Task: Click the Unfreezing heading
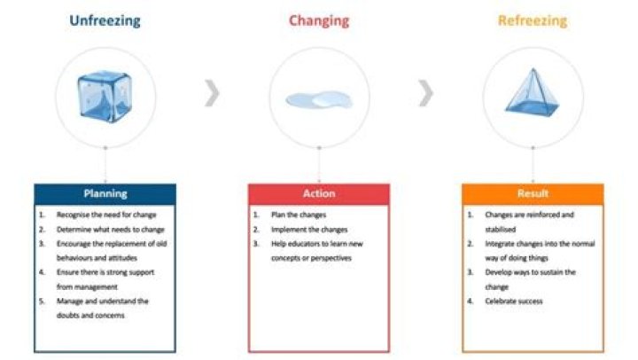[105, 20]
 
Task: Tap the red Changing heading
[318, 20]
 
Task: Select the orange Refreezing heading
[533, 20]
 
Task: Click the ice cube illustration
[105, 94]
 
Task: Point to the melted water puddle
[318, 99]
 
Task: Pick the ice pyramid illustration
[532, 92]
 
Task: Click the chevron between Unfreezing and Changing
[212, 92]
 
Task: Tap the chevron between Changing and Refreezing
[426, 92]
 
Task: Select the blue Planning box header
[105, 193]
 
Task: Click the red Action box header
[318, 193]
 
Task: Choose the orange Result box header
[533, 193]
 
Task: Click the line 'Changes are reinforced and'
[529, 215]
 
